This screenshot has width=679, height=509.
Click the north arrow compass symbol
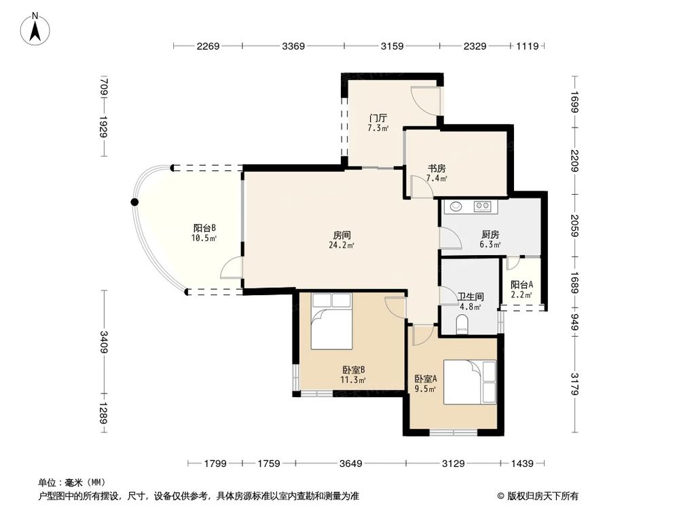pyautogui.click(x=35, y=29)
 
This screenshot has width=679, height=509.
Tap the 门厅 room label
pyautogui.click(x=378, y=117)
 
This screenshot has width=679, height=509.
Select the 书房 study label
pyautogui.click(x=437, y=168)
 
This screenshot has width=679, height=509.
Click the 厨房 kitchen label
pyautogui.click(x=490, y=234)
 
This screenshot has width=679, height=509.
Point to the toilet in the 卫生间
pyautogui.click(x=462, y=324)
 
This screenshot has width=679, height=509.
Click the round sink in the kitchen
pyautogui.click(x=456, y=206)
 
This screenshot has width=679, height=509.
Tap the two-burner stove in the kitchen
pyautogui.click(x=482, y=206)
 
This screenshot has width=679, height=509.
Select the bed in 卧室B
pyautogui.click(x=332, y=321)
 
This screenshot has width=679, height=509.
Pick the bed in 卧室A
pyautogui.click(x=470, y=382)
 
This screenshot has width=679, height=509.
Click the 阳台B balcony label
pyautogui.click(x=204, y=228)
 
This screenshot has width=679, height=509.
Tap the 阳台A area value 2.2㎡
pyautogui.click(x=521, y=295)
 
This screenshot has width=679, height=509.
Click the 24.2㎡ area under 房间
pyautogui.click(x=342, y=246)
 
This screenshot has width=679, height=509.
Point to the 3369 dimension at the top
pyautogui.click(x=293, y=46)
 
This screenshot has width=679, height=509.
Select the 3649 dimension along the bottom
pyautogui.click(x=350, y=464)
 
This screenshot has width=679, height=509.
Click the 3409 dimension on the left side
pyautogui.click(x=104, y=341)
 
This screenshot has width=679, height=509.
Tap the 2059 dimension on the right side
pyautogui.click(x=574, y=225)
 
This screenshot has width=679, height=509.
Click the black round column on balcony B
pyautogui.click(x=135, y=202)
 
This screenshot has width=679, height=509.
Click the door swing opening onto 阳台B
pyautogui.click(x=232, y=267)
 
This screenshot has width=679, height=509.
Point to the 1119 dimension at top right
pyautogui.click(x=528, y=46)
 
